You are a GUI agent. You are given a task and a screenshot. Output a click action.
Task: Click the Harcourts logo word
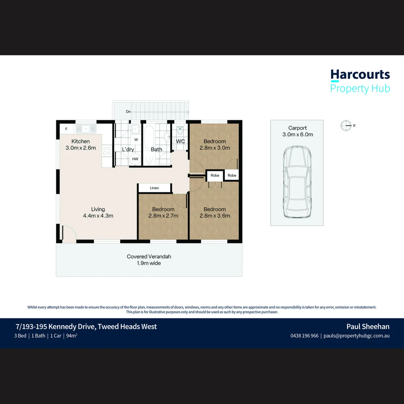[x=360, y=74]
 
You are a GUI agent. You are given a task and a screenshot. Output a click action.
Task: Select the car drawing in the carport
[x=297, y=182]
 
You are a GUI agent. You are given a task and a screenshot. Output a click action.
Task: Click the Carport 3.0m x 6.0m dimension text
[x=298, y=131]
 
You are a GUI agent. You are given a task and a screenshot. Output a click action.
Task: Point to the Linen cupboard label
[x=154, y=188]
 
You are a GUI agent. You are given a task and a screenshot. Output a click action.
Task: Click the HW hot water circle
[x=135, y=159]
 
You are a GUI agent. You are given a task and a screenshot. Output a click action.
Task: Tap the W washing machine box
[x=136, y=140]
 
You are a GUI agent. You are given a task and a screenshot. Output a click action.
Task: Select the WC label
[x=180, y=141]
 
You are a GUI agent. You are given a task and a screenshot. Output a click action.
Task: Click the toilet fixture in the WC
[x=180, y=130]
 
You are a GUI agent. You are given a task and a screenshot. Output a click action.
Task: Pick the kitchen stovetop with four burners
[x=107, y=151]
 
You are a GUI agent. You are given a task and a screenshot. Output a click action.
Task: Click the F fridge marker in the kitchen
[x=66, y=129]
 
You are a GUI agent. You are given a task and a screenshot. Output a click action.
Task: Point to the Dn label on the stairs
[x=128, y=111]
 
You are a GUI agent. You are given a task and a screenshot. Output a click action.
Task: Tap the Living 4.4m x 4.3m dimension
[x=98, y=212]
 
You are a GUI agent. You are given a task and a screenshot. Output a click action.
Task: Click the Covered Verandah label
[x=149, y=256]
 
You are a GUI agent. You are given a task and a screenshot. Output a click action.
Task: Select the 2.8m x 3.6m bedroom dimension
[x=215, y=216]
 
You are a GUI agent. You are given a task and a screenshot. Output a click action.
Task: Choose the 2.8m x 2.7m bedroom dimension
[x=163, y=216]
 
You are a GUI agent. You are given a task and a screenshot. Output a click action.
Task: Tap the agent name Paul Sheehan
[x=368, y=327]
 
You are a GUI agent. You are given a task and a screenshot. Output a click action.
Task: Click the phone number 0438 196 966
[x=304, y=336]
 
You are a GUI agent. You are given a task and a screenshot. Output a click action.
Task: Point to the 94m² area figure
[x=71, y=336]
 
